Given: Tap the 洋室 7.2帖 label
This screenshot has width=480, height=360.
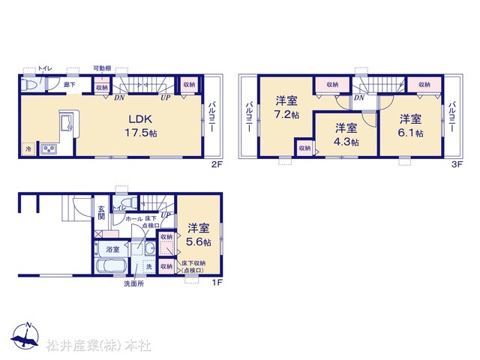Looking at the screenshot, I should point(286,106).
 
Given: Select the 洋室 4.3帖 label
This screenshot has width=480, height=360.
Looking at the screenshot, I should point(346,134).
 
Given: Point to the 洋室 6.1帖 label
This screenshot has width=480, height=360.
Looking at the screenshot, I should point(409,125).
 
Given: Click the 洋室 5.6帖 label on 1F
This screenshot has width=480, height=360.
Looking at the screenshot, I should point(199,235).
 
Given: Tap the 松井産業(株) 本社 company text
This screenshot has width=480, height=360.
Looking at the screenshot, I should point(98,346).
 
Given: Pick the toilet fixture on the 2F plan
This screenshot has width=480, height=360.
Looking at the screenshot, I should point(28,85).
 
